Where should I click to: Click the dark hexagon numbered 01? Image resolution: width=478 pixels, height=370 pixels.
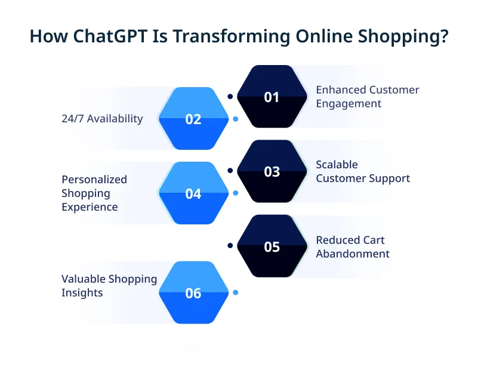(x=272, y=97)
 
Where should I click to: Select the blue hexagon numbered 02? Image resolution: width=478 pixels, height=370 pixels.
(x=193, y=119)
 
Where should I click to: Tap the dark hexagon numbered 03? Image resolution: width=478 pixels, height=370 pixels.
(x=272, y=171)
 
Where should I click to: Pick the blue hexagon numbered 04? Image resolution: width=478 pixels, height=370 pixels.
(x=193, y=193)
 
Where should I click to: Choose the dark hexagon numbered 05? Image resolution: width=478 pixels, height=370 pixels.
(x=272, y=246)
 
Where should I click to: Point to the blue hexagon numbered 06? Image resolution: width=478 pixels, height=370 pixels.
(x=193, y=293)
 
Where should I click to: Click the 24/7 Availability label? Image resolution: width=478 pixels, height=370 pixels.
(x=102, y=119)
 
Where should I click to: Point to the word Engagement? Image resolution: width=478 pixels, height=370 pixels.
(x=349, y=104)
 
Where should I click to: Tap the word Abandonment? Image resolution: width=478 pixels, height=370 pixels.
(x=353, y=254)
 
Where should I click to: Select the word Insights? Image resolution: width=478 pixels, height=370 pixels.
(x=82, y=293)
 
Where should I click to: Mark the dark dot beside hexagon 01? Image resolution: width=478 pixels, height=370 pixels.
(x=230, y=95)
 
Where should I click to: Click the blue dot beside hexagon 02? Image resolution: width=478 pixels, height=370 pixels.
(x=235, y=119)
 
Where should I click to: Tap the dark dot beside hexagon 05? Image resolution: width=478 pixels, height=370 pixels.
(x=230, y=245)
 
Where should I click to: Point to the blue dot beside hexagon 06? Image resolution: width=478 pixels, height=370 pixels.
(x=235, y=292)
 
